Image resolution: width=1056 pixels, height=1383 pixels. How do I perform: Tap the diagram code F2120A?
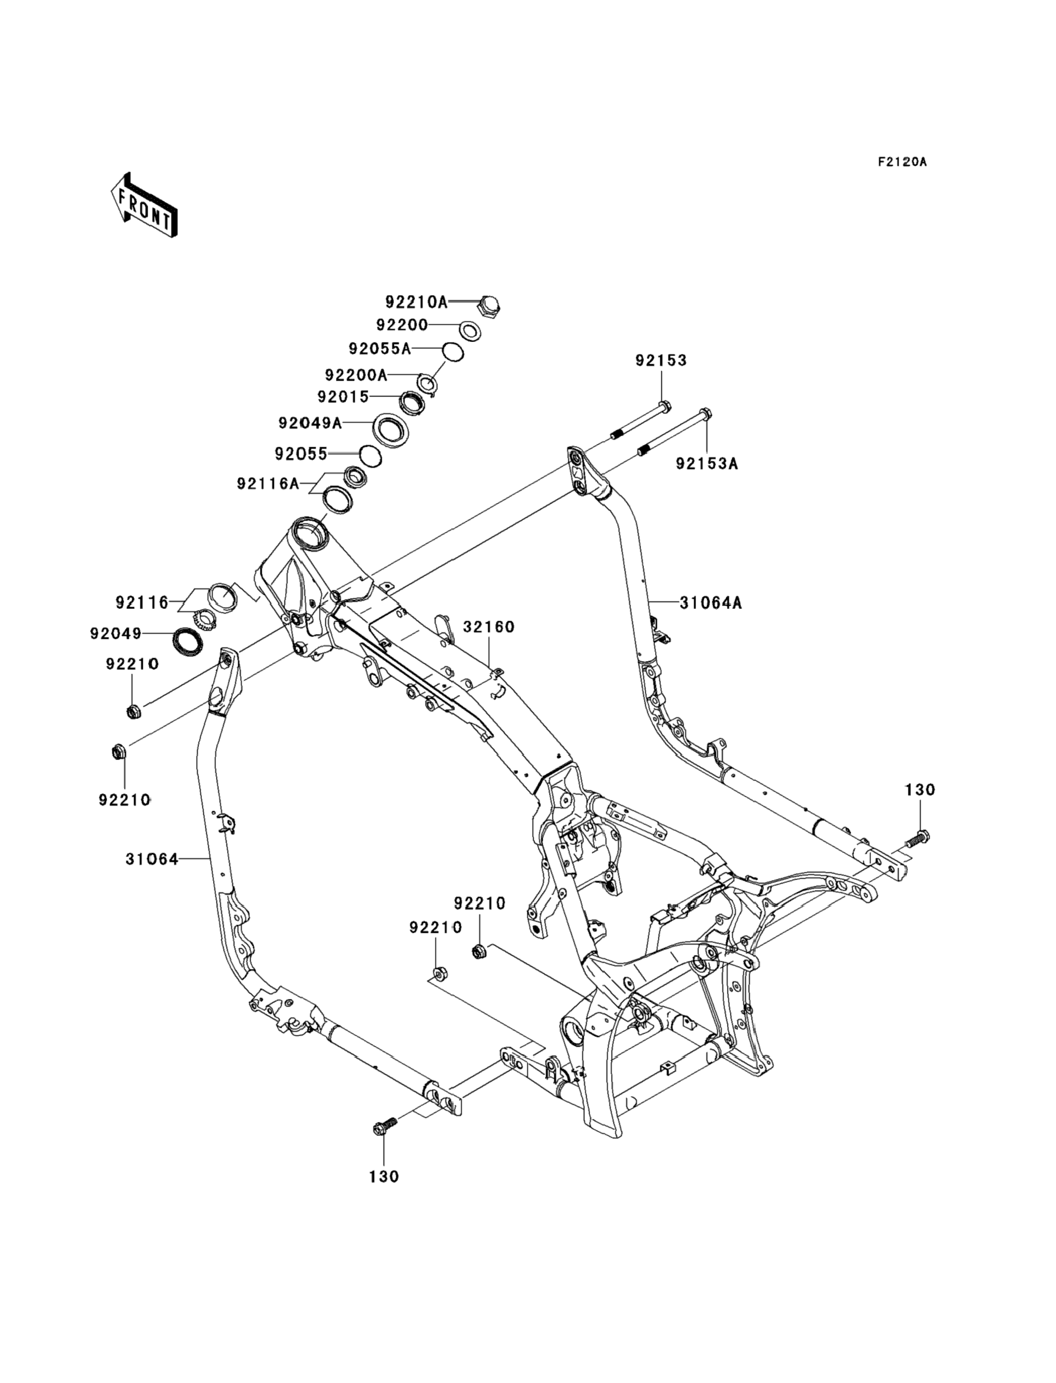[x=902, y=162]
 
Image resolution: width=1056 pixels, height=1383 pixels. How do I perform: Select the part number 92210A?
[x=416, y=302]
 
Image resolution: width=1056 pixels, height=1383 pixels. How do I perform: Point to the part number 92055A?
[x=379, y=348]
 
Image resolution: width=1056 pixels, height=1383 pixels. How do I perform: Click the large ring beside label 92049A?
[x=392, y=430]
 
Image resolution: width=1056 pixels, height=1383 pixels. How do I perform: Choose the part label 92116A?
[x=269, y=484]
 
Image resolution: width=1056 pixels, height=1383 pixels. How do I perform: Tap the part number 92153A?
[x=707, y=463]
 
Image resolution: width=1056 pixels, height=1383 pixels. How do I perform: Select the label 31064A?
[x=711, y=603]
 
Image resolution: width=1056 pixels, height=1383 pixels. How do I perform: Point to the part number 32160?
[x=489, y=627]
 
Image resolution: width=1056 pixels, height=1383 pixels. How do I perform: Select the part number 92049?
[x=116, y=634]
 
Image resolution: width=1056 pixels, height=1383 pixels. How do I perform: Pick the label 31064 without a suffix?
[x=152, y=859]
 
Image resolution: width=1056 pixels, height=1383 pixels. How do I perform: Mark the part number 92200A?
[x=356, y=375]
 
